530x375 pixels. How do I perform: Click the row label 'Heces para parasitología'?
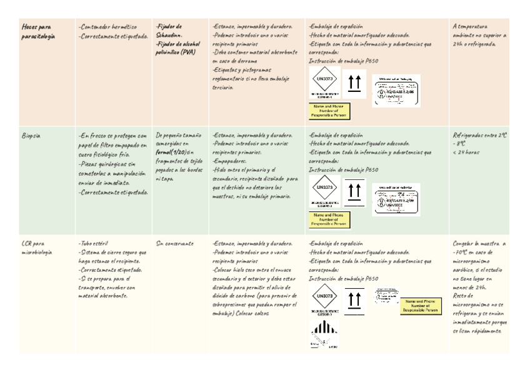tap(38, 32)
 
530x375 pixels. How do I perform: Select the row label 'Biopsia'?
tap(31, 135)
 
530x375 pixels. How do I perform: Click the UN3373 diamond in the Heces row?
tap(325, 81)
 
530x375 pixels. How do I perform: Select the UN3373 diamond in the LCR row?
tap(325, 296)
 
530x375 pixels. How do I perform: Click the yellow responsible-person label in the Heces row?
tap(329, 111)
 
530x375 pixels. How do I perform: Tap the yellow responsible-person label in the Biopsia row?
tap(329, 219)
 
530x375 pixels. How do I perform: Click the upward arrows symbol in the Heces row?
tap(354, 82)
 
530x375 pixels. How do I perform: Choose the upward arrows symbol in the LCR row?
tap(354, 300)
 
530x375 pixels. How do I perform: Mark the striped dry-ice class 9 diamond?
tap(324, 334)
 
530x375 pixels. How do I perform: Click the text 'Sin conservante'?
tap(174, 244)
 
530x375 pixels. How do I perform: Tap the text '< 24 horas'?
tap(466, 152)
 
